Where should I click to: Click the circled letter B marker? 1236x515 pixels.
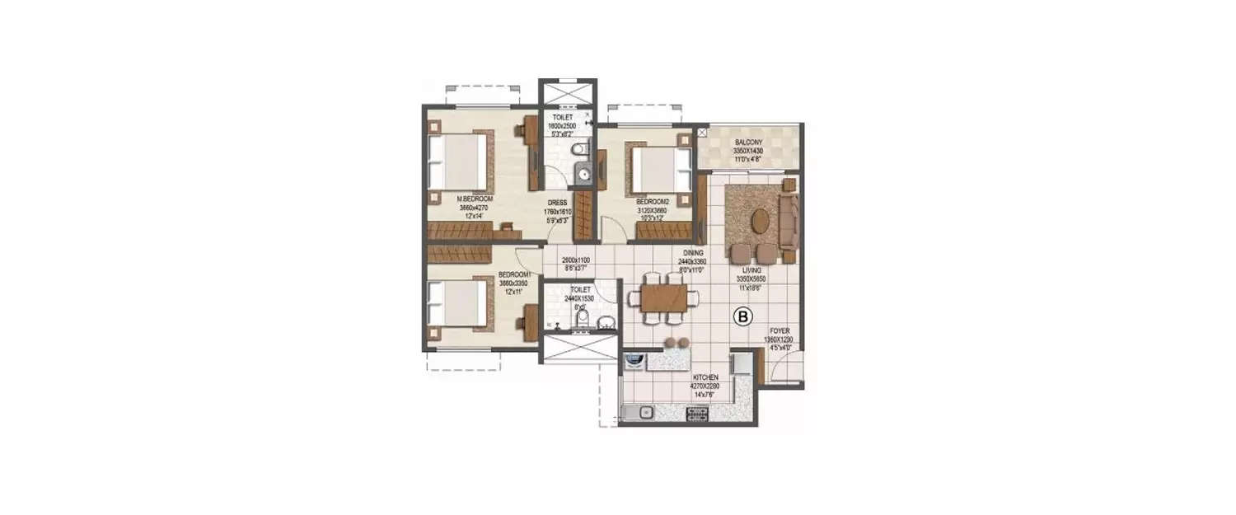742,316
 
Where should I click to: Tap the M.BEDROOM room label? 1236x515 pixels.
475,199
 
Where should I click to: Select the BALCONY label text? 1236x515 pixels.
750,143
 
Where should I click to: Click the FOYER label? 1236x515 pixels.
779,330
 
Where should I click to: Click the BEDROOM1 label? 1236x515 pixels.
515,276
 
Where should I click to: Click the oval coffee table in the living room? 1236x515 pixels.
762,221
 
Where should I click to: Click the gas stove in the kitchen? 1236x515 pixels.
696,412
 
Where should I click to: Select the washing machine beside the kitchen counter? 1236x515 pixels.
634,361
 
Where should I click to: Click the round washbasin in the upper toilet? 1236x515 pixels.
584,173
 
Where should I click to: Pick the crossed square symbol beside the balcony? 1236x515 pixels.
702,131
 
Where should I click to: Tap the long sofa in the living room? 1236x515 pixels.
789,220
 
